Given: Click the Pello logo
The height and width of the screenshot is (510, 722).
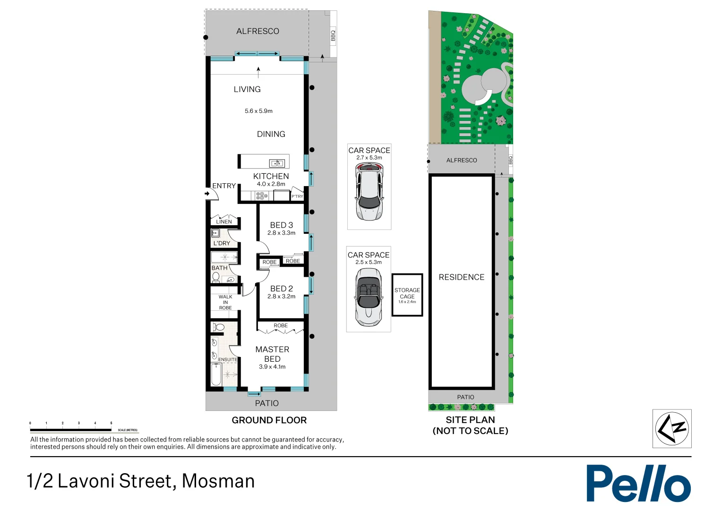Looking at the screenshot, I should click(638, 483).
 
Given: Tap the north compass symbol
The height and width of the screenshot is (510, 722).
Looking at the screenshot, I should click(672, 428).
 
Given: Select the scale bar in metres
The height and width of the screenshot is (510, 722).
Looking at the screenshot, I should click(71, 430).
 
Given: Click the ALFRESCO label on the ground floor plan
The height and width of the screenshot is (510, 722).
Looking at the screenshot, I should click(258, 31).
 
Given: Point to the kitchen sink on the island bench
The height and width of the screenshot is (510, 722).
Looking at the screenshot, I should click(277, 163).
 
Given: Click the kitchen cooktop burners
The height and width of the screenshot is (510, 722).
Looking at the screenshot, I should click(262, 195).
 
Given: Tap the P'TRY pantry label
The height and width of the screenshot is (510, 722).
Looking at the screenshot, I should click(297, 196).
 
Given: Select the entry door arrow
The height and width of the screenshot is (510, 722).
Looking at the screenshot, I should click(207, 193).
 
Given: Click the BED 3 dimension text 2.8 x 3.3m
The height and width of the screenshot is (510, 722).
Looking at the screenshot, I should click(281, 233).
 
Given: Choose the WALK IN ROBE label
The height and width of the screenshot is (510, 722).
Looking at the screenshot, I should click(225, 302).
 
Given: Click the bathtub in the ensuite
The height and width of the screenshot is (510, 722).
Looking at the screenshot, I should click(216, 374).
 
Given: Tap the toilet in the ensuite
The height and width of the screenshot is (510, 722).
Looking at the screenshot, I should click(219, 327).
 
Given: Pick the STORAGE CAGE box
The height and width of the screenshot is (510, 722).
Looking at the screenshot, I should click(407, 295).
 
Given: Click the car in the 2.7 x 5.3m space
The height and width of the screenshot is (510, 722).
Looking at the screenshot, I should click(369, 192).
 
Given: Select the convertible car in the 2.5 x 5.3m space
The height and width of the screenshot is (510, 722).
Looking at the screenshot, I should click(368, 297).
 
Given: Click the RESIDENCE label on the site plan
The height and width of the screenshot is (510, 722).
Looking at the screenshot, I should click(461, 277).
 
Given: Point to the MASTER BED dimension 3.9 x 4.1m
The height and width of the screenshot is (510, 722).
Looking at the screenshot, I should click(272, 367).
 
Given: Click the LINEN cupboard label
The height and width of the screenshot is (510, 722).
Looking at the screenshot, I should click(224, 221).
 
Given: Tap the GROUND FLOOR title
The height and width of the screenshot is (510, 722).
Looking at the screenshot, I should click(269, 420).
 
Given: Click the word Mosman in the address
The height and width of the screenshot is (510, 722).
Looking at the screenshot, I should click(218, 481).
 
